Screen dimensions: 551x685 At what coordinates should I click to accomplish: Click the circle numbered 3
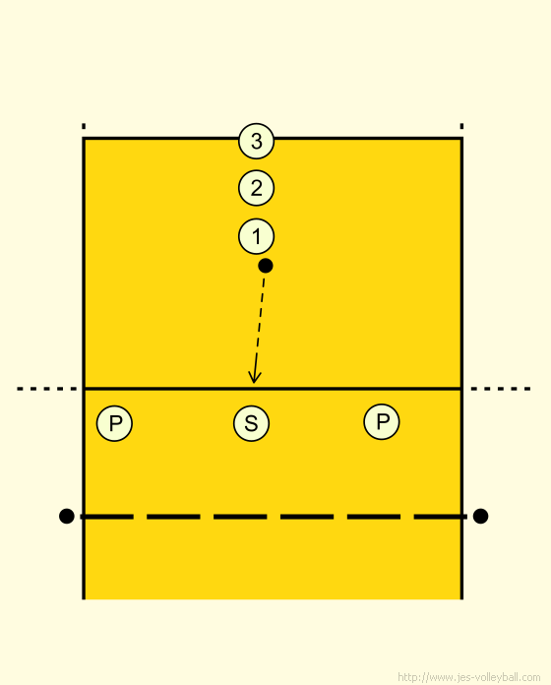tap(256, 141)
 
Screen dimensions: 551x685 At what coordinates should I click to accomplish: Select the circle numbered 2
tap(256, 188)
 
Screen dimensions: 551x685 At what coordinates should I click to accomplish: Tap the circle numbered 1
tap(256, 236)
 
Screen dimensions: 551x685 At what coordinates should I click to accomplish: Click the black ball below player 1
tap(266, 266)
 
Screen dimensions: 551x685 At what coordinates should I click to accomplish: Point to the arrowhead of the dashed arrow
tap(254, 383)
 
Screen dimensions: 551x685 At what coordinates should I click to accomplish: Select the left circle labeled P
tap(114, 423)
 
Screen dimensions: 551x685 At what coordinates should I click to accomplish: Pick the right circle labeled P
tap(382, 421)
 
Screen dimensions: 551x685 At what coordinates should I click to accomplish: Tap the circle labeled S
tap(252, 423)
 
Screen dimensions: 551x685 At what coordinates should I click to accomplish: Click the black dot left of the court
tap(66, 516)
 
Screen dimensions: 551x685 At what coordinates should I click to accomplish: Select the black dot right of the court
tap(480, 516)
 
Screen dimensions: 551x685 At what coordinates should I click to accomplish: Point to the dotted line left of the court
tap(46, 389)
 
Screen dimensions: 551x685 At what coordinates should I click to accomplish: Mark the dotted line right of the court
tap(501, 389)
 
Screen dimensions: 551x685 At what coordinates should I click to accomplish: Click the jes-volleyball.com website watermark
tap(469, 677)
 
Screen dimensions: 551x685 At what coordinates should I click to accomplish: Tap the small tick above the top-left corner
tap(84, 126)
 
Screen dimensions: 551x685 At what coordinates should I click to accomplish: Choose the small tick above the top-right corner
tap(461, 126)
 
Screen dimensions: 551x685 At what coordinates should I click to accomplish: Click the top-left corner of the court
tap(84, 139)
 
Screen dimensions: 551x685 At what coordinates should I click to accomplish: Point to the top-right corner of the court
tap(461, 139)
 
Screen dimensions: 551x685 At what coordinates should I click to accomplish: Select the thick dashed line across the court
tap(274, 517)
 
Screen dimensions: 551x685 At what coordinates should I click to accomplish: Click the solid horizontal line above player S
tap(273, 388)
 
